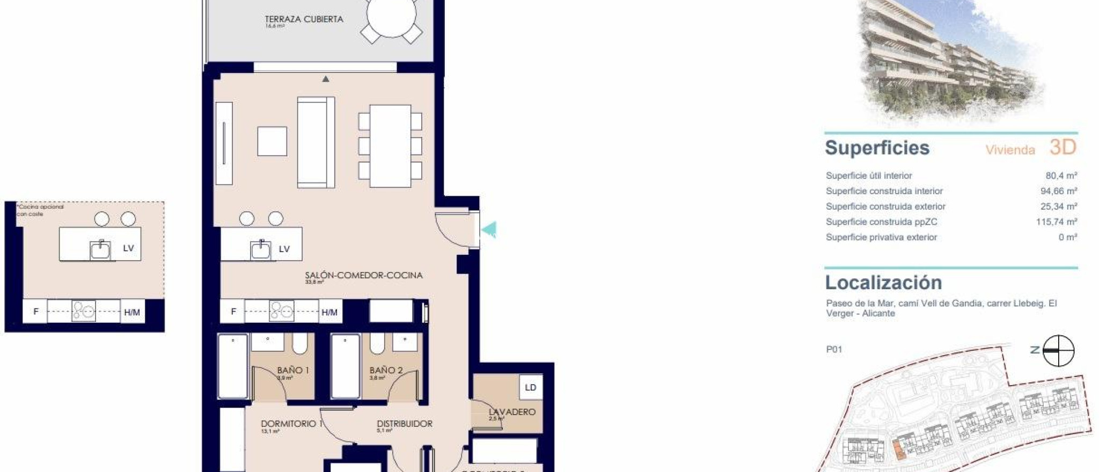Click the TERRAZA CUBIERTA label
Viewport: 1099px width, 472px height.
(304, 19)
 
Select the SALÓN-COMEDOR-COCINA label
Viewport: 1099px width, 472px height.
(363, 275)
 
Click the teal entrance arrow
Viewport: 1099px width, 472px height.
(489, 230)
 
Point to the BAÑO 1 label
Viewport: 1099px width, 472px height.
(293, 370)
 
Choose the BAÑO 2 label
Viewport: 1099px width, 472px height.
(386, 370)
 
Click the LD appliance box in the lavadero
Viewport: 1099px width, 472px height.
(530, 387)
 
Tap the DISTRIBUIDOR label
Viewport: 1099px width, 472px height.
(404, 423)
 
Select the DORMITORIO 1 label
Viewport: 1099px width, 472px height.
(291, 423)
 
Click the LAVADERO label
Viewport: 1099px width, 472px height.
(512, 412)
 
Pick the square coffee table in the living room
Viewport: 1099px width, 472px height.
(272, 141)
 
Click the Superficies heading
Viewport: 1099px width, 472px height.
(877, 148)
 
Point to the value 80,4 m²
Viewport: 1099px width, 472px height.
(1061, 175)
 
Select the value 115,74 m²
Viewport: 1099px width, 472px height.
(1056, 222)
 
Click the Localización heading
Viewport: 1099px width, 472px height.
(883, 283)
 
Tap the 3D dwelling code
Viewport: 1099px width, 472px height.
(1063, 147)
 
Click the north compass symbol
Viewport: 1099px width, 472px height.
(1058, 351)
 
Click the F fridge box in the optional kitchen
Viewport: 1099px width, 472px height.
(36, 312)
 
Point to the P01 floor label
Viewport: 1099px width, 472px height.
(834, 350)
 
